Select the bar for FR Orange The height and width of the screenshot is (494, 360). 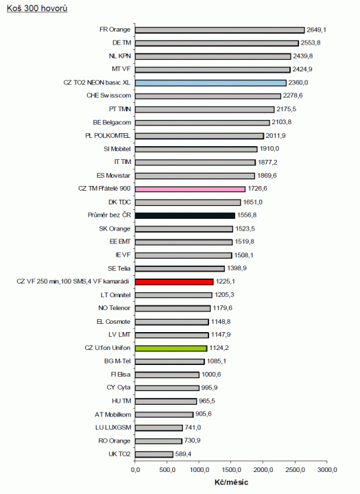[219, 30]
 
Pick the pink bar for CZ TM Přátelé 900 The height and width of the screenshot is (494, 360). [190, 189]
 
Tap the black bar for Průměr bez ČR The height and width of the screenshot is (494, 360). [185, 215]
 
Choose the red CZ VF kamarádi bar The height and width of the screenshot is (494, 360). [174, 281]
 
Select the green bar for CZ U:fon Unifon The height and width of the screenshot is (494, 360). [171, 348]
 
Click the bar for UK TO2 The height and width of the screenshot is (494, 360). [154, 454]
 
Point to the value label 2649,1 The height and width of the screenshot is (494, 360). [316, 30]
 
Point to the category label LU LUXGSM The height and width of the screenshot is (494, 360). [112, 427]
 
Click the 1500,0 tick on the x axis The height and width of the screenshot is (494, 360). [231, 470]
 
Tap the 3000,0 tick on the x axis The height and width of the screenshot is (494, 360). [327, 470]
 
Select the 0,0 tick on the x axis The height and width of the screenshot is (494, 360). [135, 470]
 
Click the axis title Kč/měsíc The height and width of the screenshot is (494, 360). [231, 483]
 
